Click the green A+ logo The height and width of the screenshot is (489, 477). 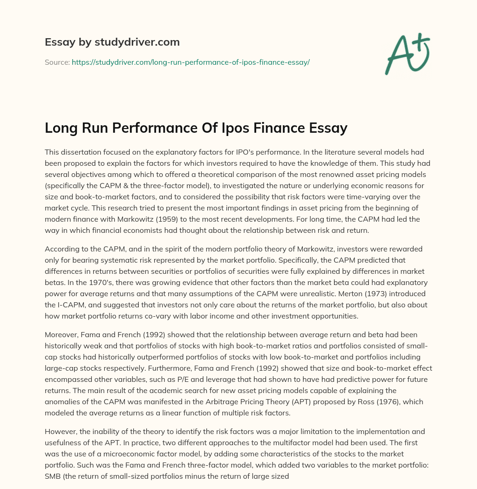pos(407,53)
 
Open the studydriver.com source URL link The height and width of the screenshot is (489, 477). pos(191,62)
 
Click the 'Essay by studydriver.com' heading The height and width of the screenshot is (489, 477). pos(112,42)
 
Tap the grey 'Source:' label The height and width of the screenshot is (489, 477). pos(57,62)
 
